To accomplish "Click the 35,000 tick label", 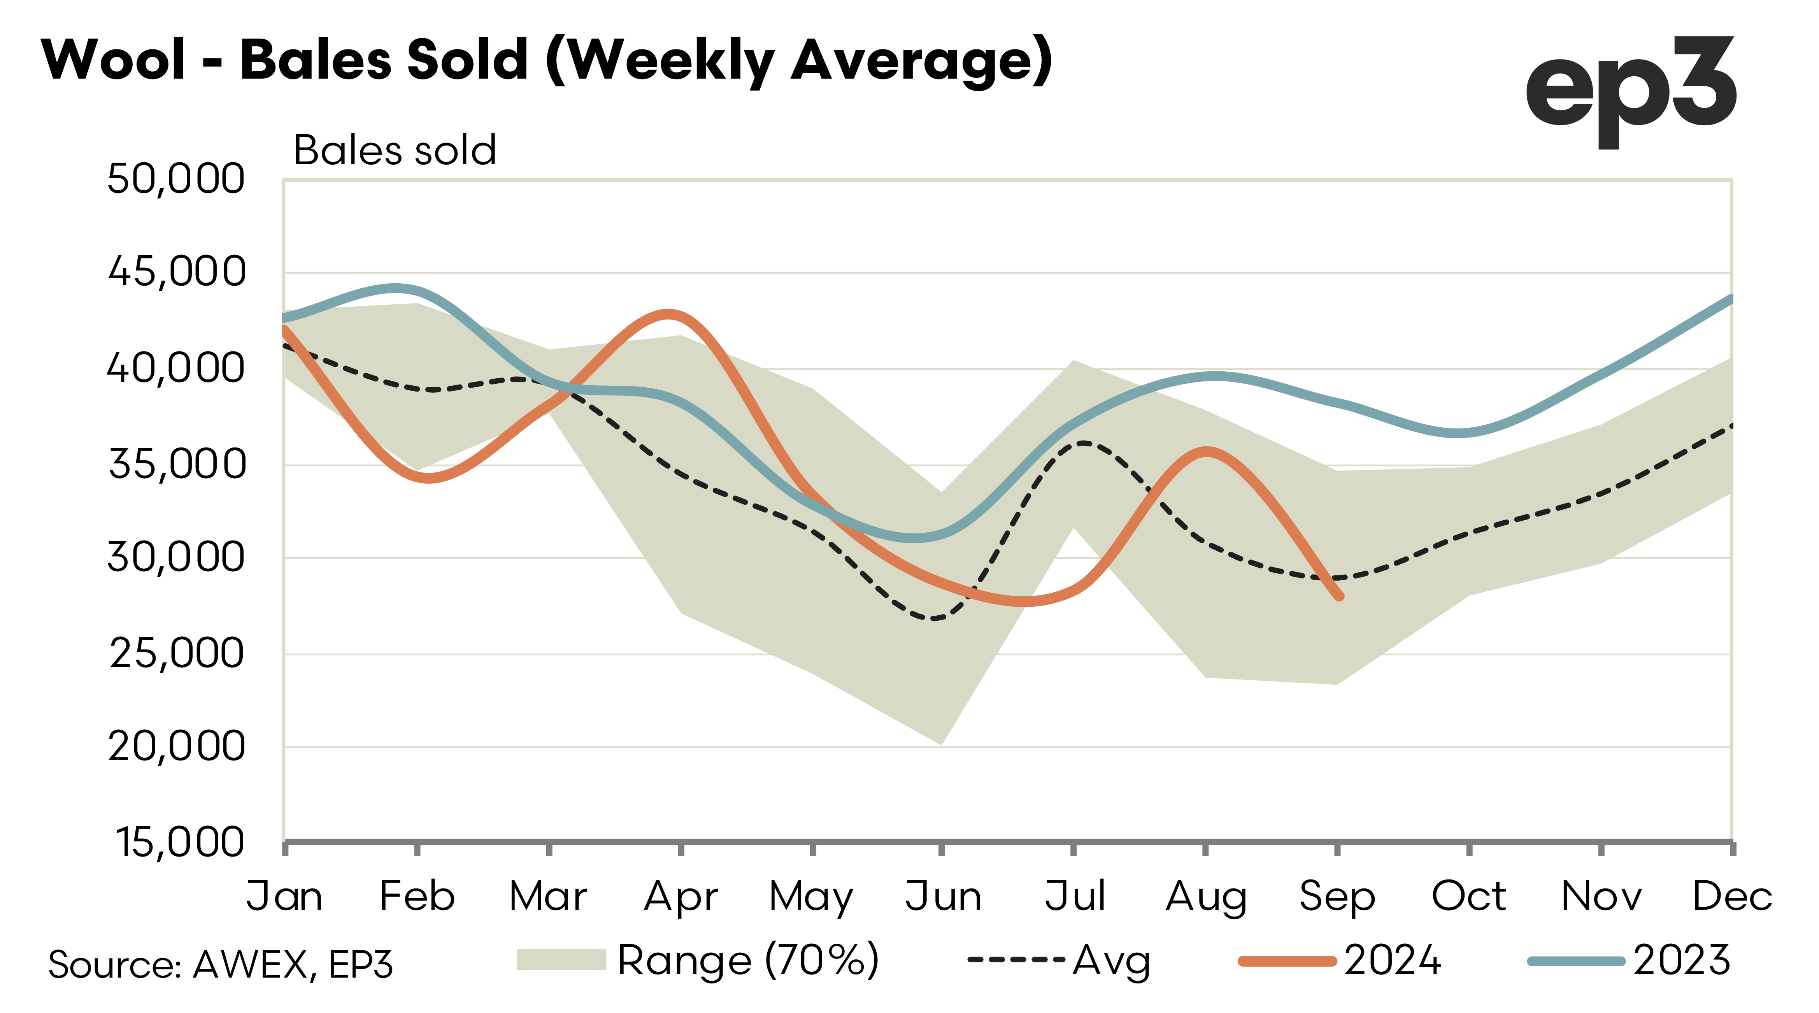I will [177, 464].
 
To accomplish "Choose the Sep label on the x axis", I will [1337, 897].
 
